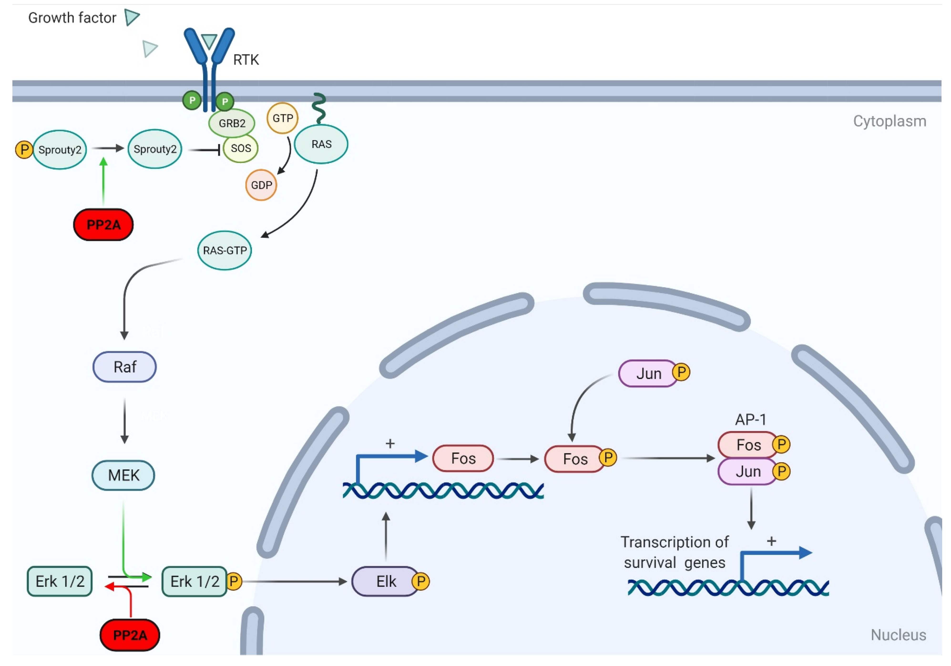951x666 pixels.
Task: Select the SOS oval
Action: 241,148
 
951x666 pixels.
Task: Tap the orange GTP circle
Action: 282,118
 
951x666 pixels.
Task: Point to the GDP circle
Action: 261,185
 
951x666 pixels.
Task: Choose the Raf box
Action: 125,367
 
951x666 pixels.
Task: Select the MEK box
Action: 123,475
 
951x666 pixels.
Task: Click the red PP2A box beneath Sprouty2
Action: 103,224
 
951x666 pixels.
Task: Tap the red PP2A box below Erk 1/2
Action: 130,635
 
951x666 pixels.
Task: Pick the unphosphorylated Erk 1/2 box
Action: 60,581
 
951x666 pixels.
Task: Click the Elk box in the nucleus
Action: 386,581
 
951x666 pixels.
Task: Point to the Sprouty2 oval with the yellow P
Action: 60,149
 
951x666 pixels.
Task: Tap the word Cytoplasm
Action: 890,121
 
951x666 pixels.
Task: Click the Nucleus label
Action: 898,635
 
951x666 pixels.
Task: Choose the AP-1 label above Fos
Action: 751,420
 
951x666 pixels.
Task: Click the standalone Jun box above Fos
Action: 649,374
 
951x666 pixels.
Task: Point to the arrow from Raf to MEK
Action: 124,421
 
